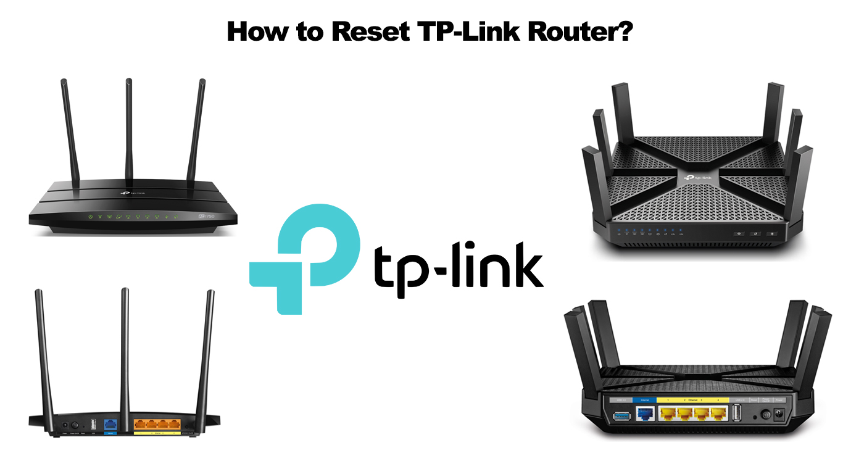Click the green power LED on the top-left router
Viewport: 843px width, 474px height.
tap(91, 217)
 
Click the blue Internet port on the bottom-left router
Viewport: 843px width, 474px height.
tap(112, 425)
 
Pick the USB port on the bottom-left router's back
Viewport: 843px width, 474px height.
tap(93, 424)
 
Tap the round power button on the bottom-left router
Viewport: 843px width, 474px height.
tap(75, 425)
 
